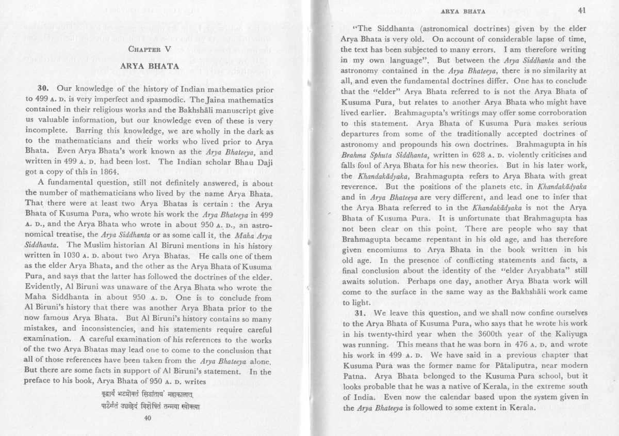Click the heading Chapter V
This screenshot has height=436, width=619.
pos(150,50)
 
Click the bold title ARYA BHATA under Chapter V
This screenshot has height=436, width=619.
pos(150,67)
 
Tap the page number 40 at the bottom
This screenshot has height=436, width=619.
pos(150,418)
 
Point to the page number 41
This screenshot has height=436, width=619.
pos(582,10)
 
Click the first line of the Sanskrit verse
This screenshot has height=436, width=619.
pos(150,395)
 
